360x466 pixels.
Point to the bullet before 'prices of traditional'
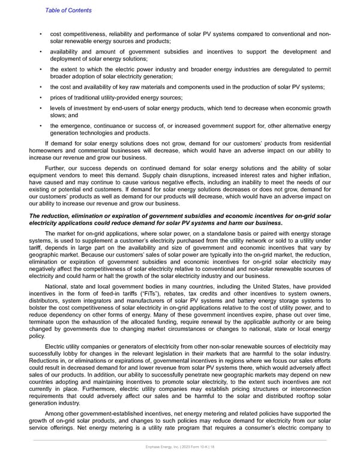(40, 98)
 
